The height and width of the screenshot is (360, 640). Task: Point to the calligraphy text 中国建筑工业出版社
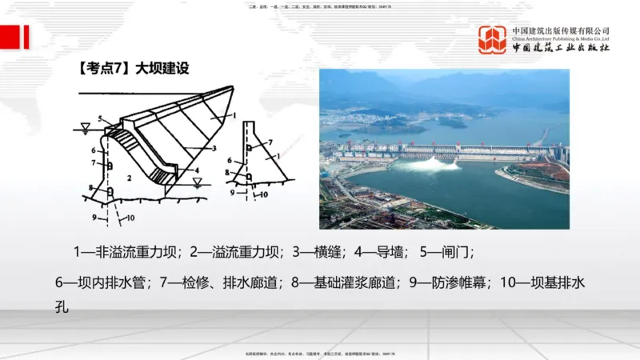[x=561, y=48]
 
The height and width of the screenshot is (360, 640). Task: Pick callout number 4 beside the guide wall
[x=196, y=170]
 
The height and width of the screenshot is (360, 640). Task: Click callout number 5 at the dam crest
[x=102, y=120]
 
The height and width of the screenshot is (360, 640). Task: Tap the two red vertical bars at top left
[x=21, y=37]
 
